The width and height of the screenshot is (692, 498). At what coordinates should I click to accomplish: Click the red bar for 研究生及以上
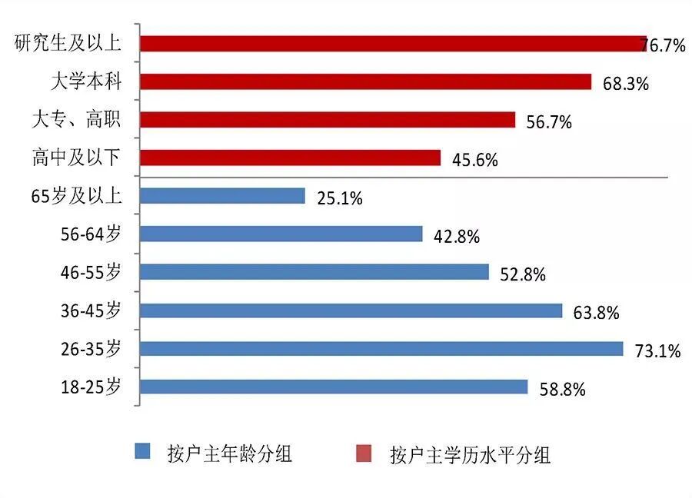[x=392, y=44]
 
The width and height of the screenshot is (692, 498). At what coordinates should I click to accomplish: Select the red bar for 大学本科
[x=365, y=81]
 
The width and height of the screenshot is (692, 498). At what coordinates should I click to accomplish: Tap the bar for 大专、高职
[x=328, y=120]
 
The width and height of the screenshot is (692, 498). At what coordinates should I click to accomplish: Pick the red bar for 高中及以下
[x=290, y=158]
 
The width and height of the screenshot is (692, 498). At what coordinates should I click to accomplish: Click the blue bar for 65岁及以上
[x=223, y=196]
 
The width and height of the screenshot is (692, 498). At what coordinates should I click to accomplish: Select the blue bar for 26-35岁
[x=381, y=349]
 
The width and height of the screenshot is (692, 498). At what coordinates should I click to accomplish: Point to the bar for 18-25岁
[x=334, y=387]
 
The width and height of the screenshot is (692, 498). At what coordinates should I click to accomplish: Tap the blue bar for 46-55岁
[x=314, y=272]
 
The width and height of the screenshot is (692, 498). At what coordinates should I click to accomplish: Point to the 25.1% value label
[x=339, y=198]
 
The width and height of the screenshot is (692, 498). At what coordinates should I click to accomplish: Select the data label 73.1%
[x=658, y=352]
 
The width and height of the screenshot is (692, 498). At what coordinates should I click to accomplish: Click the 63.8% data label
[x=596, y=313]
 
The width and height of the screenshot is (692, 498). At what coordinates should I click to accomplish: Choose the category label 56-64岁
[x=91, y=234]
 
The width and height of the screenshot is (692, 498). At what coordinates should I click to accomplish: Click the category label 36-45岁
[x=91, y=310]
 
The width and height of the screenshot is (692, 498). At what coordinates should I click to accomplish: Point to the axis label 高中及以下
[x=76, y=158]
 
